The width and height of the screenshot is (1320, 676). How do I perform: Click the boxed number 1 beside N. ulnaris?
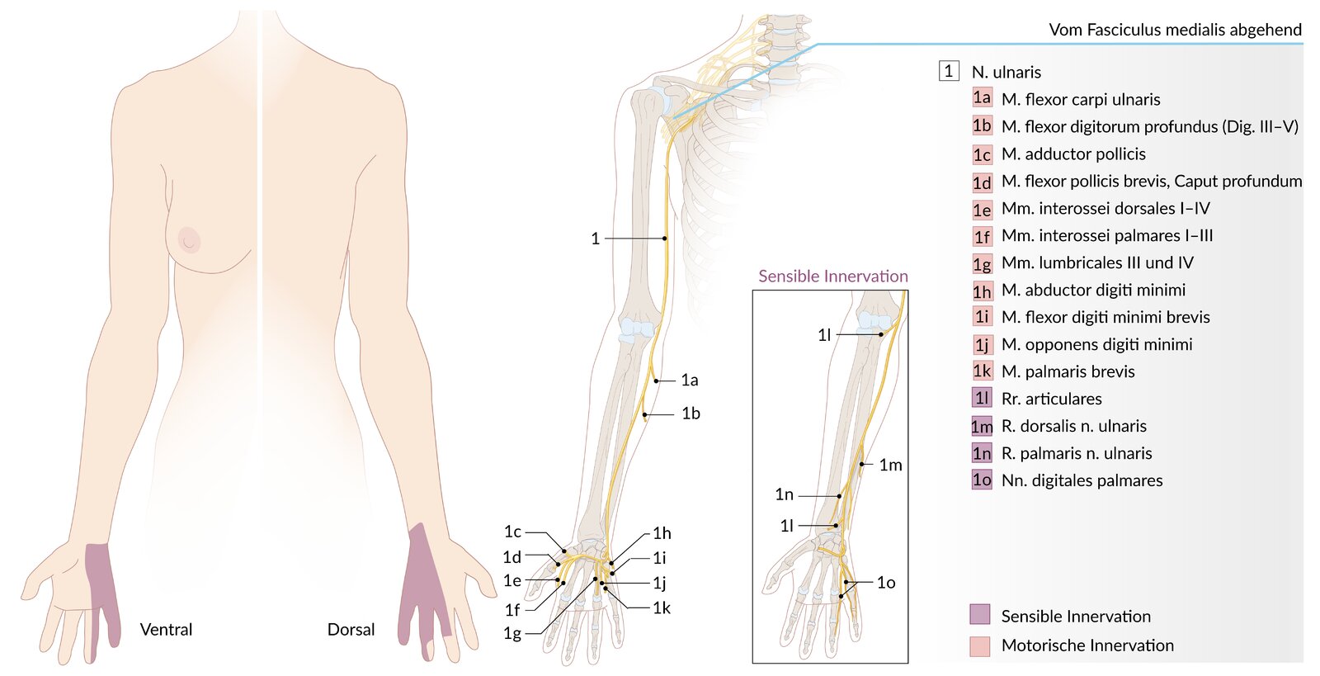[x=949, y=71]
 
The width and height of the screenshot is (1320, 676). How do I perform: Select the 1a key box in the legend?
[x=982, y=98]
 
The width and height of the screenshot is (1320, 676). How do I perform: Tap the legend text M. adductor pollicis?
[x=1073, y=154]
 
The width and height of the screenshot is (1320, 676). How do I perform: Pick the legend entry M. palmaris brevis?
[x=1068, y=371]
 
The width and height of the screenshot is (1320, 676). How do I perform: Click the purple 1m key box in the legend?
[x=982, y=426]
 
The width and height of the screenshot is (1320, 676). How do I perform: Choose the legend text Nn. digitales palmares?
[x=1082, y=480]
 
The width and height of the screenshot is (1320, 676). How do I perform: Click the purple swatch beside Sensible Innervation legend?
[x=980, y=614]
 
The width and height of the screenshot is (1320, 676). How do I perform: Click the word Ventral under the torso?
[x=166, y=630]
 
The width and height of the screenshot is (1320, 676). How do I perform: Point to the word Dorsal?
[x=351, y=630]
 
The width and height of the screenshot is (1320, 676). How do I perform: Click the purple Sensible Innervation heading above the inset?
[x=833, y=276]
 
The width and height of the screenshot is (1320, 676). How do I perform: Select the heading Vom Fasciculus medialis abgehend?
[x=1176, y=30]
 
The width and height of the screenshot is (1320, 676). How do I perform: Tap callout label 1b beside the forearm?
[x=691, y=414]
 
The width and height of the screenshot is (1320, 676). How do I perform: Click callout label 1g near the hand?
[x=512, y=634]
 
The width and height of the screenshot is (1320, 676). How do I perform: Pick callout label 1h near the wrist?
[x=662, y=533]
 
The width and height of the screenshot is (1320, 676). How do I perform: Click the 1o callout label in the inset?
[x=886, y=583]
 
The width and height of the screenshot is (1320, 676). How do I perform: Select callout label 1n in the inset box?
[x=785, y=494]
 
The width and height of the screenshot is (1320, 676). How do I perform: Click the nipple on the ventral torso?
[x=189, y=240]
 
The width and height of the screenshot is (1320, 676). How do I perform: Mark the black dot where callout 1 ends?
[x=664, y=238]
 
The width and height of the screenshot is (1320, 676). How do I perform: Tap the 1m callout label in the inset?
[x=891, y=466]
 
